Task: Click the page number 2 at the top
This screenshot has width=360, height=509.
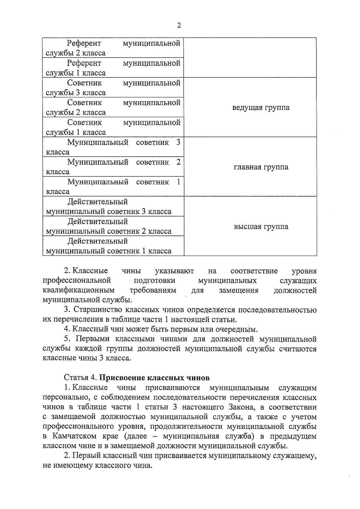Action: click(x=179, y=25)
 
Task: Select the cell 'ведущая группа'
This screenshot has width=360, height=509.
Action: click(x=261, y=108)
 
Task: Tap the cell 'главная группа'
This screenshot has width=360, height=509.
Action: click(x=261, y=167)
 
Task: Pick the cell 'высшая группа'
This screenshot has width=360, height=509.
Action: click(x=261, y=226)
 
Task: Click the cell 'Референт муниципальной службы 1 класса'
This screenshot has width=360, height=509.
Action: click(x=113, y=68)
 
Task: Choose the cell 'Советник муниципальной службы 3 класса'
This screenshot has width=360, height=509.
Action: click(x=113, y=88)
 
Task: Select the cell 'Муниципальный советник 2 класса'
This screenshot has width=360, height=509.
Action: click(x=113, y=167)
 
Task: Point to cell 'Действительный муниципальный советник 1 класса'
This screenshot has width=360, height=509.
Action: click(x=113, y=246)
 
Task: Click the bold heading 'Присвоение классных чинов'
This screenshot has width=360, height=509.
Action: click(x=154, y=377)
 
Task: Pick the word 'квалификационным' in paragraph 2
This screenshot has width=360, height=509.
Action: click(x=79, y=290)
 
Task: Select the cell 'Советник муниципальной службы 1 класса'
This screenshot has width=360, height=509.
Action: click(x=113, y=127)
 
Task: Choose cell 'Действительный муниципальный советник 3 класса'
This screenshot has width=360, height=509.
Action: click(x=113, y=207)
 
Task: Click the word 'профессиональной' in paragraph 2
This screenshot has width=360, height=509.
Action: click(x=77, y=281)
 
